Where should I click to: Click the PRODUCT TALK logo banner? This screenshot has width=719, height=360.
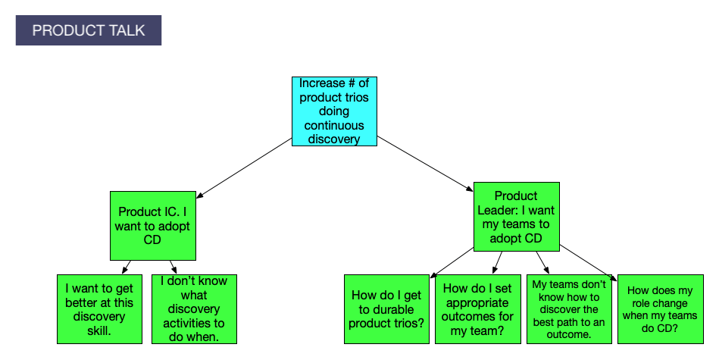(88, 30)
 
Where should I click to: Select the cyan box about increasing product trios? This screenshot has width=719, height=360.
(334, 111)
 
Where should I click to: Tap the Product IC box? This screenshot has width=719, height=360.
(152, 225)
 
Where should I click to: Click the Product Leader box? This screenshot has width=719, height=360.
(516, 216)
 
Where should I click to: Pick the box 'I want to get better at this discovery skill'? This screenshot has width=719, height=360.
(100, 309)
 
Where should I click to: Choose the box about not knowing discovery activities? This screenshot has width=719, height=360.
(194, 309)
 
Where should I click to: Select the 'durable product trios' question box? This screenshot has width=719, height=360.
(386, 309)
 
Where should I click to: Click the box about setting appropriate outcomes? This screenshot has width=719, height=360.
(477, 309)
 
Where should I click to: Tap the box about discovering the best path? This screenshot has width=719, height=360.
(569, 309)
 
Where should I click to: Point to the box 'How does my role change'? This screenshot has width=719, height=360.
(660, 309)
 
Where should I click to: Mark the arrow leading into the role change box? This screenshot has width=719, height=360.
(587, 262)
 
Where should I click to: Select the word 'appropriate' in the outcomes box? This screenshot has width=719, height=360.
(477, 302)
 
